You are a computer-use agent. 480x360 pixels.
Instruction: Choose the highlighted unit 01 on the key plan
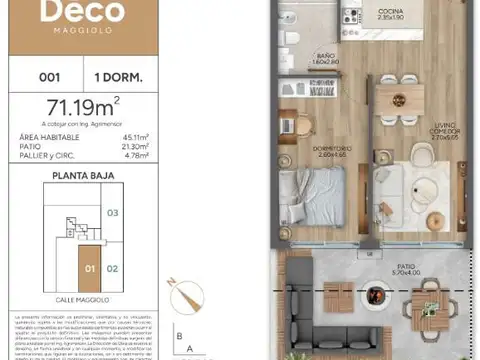pyautogui.click(x=88, y=268)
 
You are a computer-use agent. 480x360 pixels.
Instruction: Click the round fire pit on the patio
pyautogui.click(x=376, y=295)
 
